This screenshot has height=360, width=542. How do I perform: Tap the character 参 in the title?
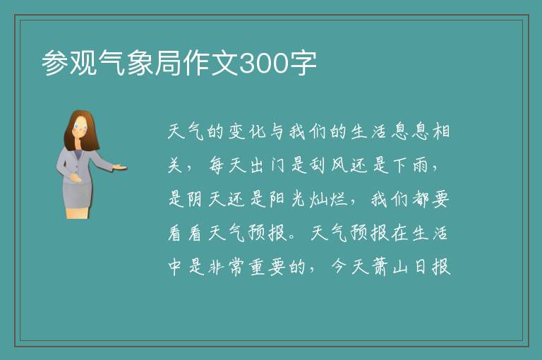click(x=55, y=63)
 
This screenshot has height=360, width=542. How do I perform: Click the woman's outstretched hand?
click(x=120, y=167)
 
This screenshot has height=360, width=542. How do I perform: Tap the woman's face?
click(x=81, y=127)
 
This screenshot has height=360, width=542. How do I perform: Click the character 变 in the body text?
click(x=236, y=132)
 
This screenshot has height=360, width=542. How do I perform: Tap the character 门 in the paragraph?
click(x=277, y=165)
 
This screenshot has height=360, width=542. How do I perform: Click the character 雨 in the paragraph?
click(x=421, y=165)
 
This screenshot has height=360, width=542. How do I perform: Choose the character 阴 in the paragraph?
click(x=196, y=199)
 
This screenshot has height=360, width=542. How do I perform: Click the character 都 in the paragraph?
click(x=421, y=199)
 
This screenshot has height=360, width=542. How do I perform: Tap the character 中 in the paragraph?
click(x=175, y=267)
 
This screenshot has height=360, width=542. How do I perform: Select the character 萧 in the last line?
click(x=380, y=267)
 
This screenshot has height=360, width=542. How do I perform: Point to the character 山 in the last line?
click(x=400, y=268)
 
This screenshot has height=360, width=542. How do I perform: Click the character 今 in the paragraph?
click(x=339, y=267)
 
